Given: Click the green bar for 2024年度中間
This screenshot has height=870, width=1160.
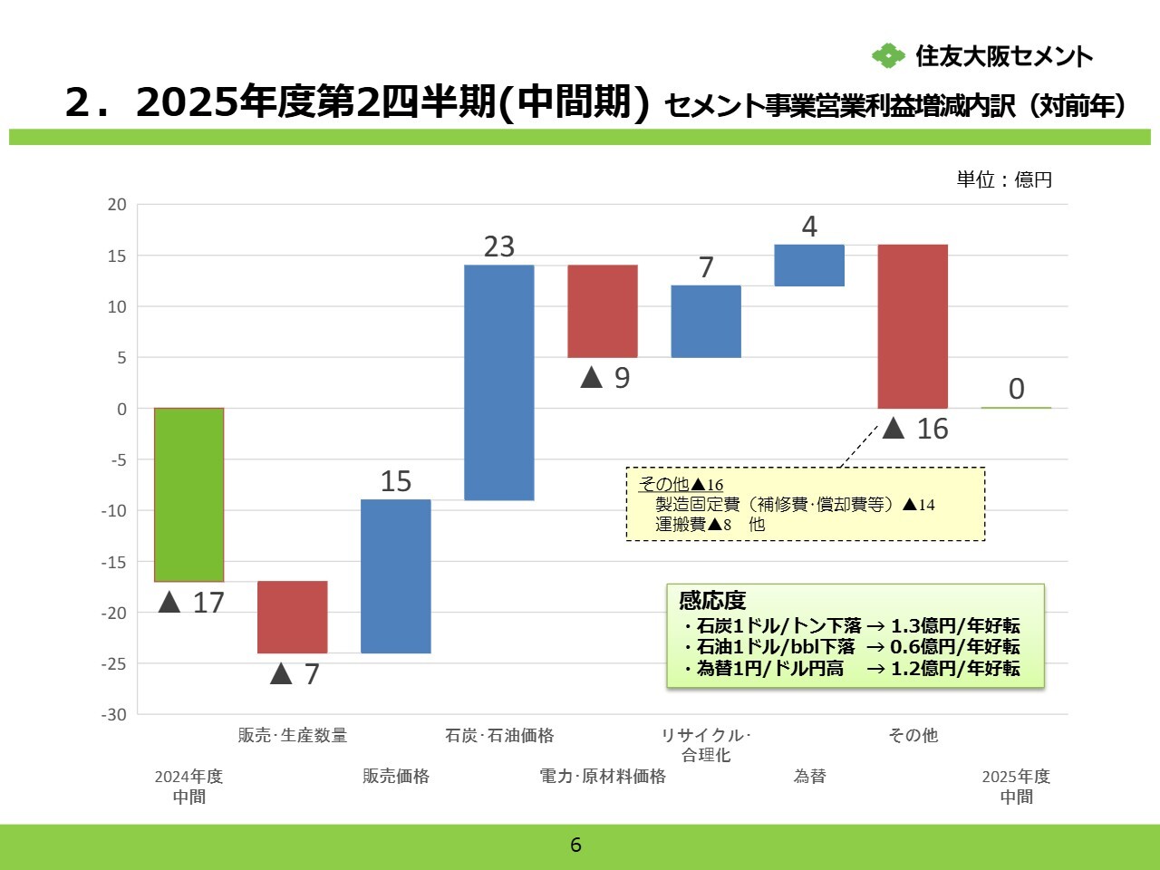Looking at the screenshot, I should tap(188, 495).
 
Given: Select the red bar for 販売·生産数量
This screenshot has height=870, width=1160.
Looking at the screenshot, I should tap(292, 617).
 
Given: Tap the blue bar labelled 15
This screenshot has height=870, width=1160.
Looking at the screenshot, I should tap(395, 576).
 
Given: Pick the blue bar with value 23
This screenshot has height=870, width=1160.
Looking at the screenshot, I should tap(498, 382).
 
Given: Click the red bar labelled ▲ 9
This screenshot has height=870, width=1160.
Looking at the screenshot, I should tap(602, 311).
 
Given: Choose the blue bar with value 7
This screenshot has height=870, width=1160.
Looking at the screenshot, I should tap(706, 322).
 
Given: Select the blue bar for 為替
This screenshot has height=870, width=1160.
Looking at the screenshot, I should tap(809, 266).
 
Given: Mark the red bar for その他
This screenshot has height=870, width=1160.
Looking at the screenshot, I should tap(913, 326).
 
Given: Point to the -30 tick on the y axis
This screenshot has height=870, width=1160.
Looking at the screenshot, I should tap(114, 714).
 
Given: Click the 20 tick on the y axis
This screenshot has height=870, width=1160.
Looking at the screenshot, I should tap(117, 205).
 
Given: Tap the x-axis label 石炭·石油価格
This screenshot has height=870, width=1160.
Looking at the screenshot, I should tap(499, 736).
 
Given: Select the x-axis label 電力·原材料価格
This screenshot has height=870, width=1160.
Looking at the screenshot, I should tap(603, 777).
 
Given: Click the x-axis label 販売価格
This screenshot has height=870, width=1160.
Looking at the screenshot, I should tap(396, 777).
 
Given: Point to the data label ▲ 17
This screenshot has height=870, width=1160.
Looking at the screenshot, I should tap(191, 603).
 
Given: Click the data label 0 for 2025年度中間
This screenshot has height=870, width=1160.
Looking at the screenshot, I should tap(1017, 389).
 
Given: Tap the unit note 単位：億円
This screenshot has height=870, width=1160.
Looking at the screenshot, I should tap(1004, 179).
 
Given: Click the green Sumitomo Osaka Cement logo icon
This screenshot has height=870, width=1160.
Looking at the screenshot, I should tap(888, 56).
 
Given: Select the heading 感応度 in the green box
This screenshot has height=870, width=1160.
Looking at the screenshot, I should tap(712, 600).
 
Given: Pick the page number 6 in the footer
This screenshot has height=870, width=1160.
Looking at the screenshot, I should tap(575, 846).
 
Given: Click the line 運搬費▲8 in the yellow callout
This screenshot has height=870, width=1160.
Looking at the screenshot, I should tap(693, 524).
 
